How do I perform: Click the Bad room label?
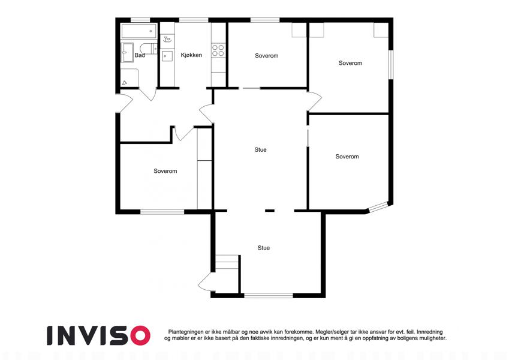click(140, 55)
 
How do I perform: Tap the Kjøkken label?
click(191, 55)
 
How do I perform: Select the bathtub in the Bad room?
click(139, 31)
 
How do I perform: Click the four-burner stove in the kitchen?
click(218, 50)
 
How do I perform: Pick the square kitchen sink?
click(167, 56)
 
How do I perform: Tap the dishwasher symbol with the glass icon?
click(167, 40)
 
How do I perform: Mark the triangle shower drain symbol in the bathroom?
click(124, 83)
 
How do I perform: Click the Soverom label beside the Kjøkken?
click(267, 56)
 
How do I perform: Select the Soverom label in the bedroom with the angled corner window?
click(347, 156)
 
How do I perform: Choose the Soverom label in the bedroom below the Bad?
click(165, 171)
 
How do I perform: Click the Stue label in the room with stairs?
click(264, 248)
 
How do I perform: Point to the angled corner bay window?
click(378, 207)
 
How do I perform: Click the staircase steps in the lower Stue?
click(227, 262)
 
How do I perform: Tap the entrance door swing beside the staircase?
click(206, 281)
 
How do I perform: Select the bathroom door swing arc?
click(148, 94)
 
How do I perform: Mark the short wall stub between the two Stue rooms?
click(270, 211)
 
